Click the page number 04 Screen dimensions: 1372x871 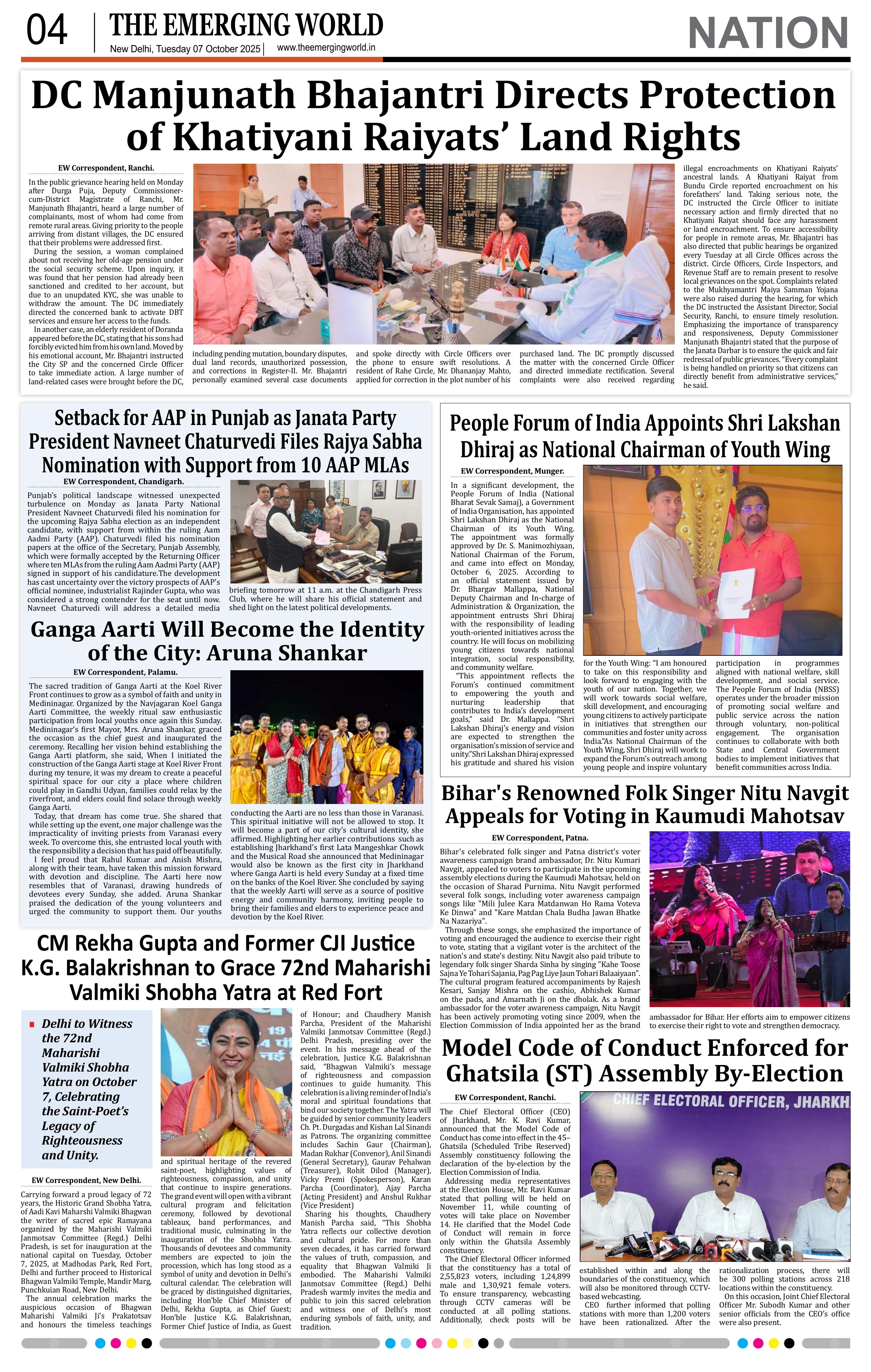[47, 31]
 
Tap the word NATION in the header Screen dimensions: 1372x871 [768, 33]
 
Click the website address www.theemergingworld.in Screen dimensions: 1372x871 [326, 48]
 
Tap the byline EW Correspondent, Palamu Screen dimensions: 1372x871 [125, 672]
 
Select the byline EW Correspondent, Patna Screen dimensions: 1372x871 [539, 838]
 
